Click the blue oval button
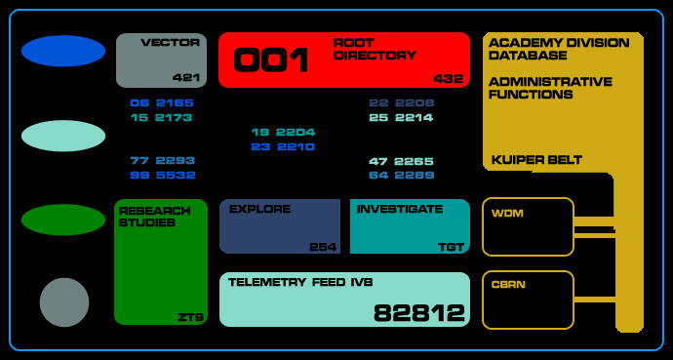click(x=63, y=51)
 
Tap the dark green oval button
click(x=63, y=220)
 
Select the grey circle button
click(x=64, y=302)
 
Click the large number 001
click(x=271, y=60)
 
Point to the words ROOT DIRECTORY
click(x=375, y=50)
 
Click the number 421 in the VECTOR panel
click(x=186, y=77)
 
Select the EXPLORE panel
click(x=279, y=226)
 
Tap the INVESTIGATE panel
click(x=409, y=226)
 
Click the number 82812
click(x=419, y=313)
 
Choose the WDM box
click(x=528, y=226)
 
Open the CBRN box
click(x=528, y=300)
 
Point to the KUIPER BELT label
click(x=536, y=160)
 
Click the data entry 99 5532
click(x=163, y=176)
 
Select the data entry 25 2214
click(x=401, y=118)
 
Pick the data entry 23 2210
click(x=283, y=147)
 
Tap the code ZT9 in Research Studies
click(x=190, y=317)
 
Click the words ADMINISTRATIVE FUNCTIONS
click(x=550, y=88)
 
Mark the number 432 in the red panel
click(x=449, y=78)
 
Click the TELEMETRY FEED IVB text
click(x=300, y=282)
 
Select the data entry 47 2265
click(x=401, y=161)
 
